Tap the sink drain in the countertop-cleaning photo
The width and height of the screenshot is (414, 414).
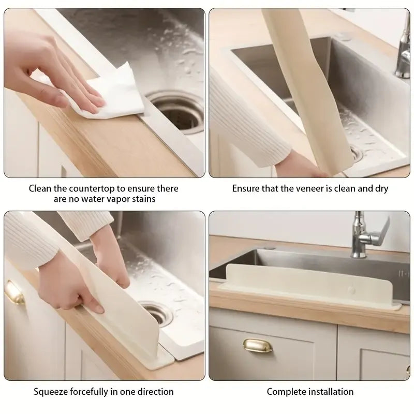(x=176, y=107)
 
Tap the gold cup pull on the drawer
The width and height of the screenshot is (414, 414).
(x=259, y=345)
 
